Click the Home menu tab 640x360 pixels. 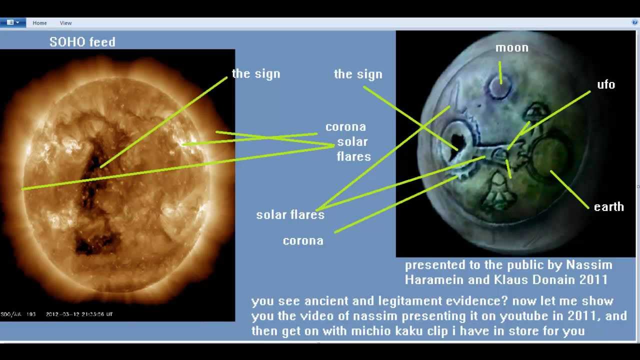(x=39, y=23)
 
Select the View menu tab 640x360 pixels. (x=65, y=23)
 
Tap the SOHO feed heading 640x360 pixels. (x=82, y=42)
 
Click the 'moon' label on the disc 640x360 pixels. (x=511, y=48)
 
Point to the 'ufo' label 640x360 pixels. (x=605, y=84)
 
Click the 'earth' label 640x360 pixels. (x=608, y=207)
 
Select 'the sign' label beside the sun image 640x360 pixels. (x=256, y=74)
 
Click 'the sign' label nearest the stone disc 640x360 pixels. (x=358, y=74)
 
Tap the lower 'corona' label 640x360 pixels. (x=303, y=241)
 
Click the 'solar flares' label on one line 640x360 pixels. (x=290, y=215)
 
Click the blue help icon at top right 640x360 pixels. (x=635, y=23)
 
